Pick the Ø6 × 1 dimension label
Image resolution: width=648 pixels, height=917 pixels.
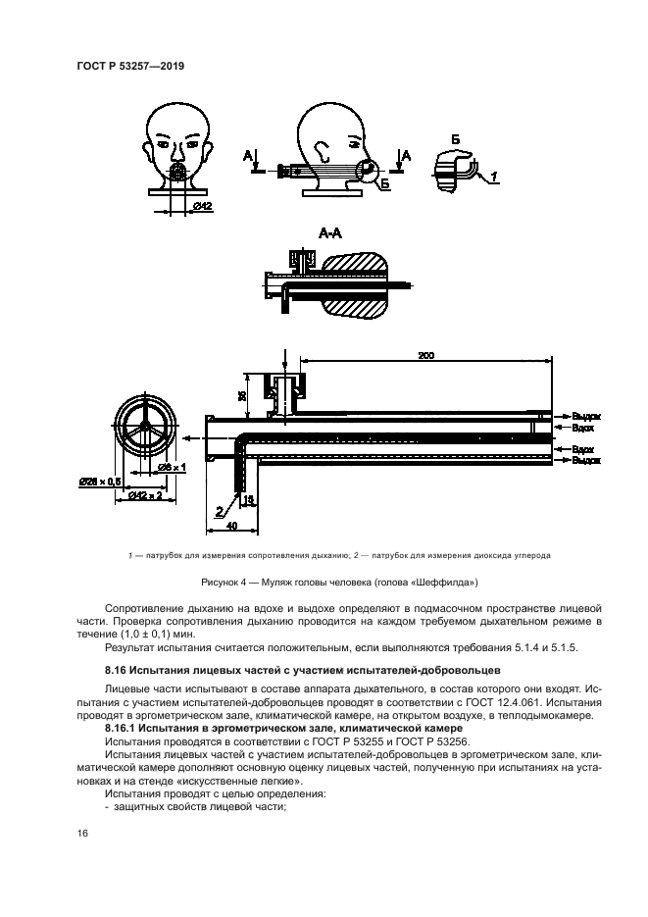[x=174, y=467]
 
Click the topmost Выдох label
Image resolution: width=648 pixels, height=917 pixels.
[x=586, y=417]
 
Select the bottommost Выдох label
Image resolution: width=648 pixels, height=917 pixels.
[x=586, y=459]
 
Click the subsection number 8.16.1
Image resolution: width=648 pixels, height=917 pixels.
[x=123, y=731]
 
